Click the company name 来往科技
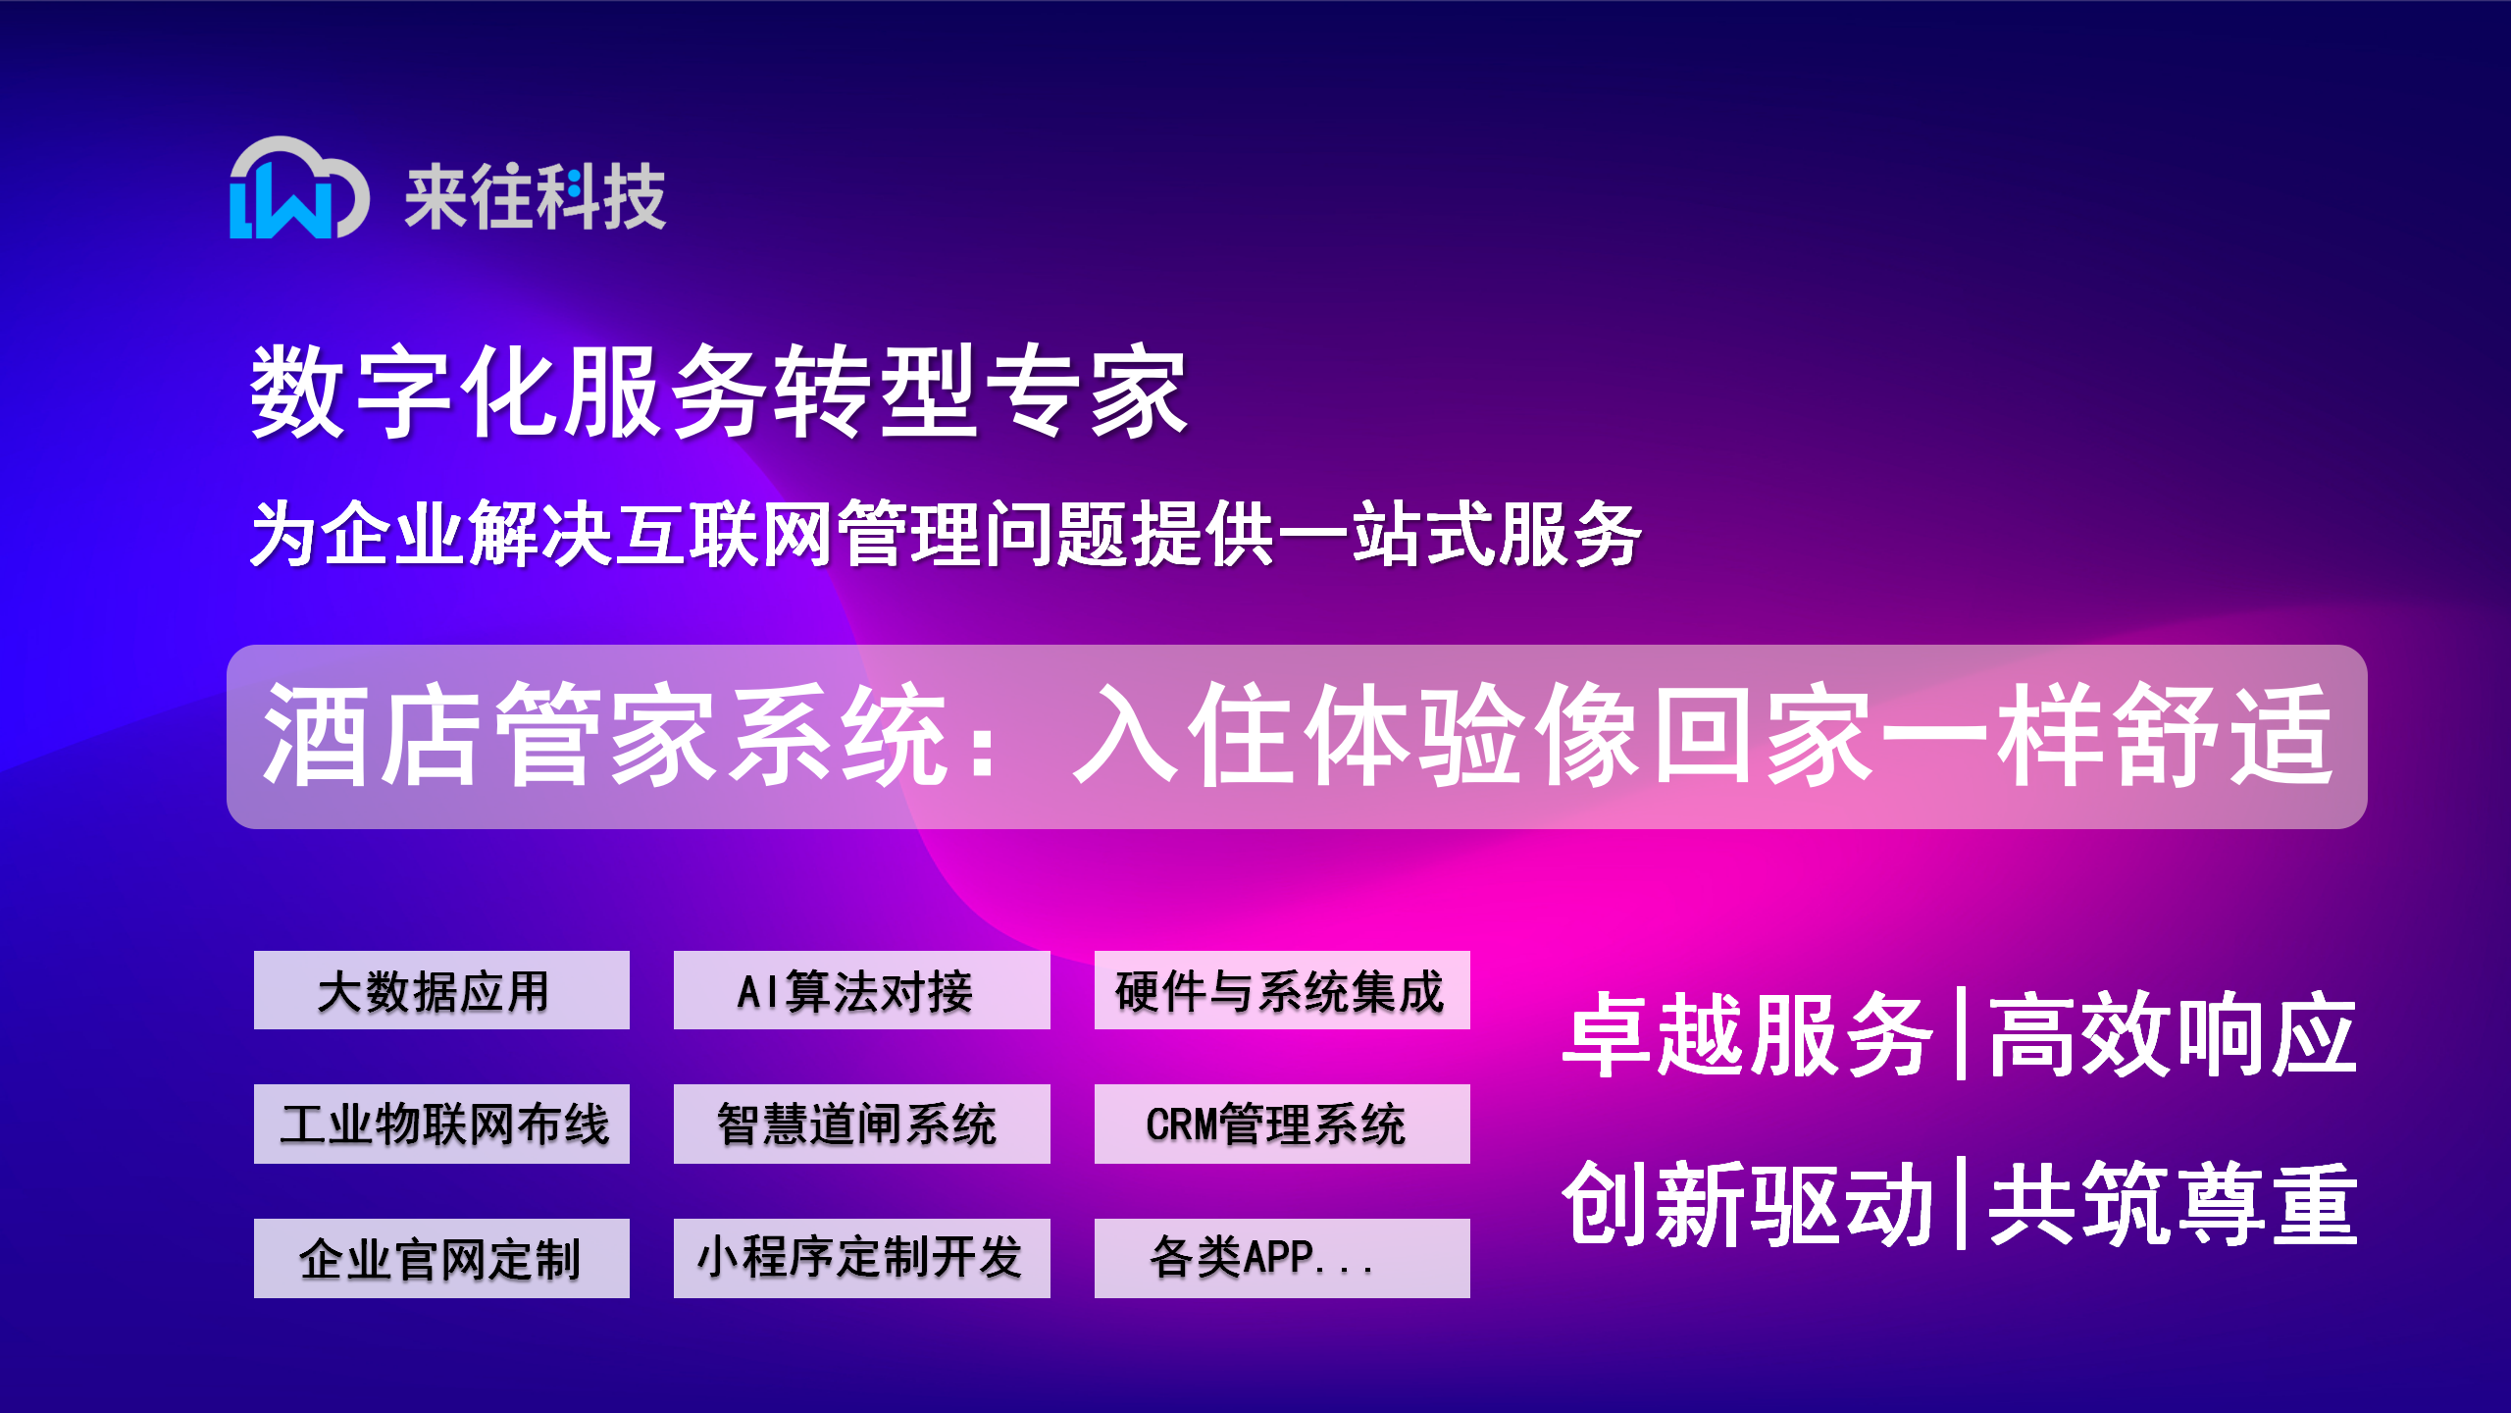[536, 197]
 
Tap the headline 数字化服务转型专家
[719, 392]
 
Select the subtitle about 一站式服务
[946, 534]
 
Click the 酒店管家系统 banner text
[1297, 736]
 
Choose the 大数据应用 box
[441, 990]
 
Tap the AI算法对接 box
[861, 990]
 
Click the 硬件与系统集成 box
[1282, 990]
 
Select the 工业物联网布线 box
[441, 1124]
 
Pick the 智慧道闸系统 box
[861, 1124]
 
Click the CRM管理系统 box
[1282, 1124]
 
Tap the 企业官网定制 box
[441, 1258]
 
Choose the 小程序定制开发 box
[861, 1258]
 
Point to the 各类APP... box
[1282, 1258]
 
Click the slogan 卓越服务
[1748, 1035]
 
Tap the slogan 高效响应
[2172, 1035]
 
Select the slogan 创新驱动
[1748, 1204]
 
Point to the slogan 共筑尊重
[2172, 1204]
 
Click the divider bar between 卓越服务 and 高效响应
[1960, 1034]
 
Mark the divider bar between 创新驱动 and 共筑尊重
[1960, 1203]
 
